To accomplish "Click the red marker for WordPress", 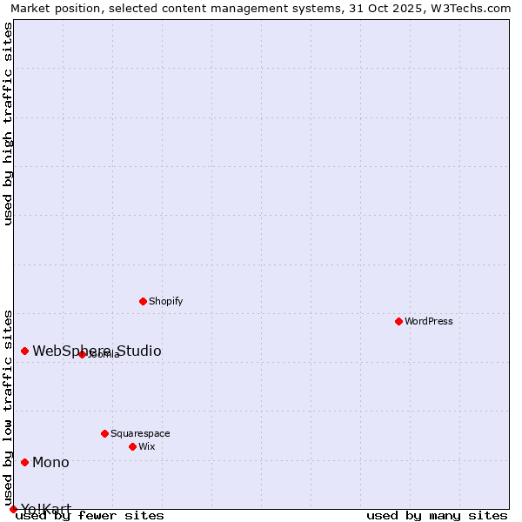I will [x=398, y=321].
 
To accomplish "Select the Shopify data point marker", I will [x=143, y=301].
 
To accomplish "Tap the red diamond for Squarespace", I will [x=104, y=433].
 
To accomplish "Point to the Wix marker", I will [x=132, y=446].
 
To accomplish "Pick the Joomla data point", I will [x=82, y=354].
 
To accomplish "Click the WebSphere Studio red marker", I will [x=24, y=351].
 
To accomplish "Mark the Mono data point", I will [x=24, y=462].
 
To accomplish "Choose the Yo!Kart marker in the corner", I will [x=13, y=509].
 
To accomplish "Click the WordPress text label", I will [x=429, y=321].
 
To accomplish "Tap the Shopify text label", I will [x=165, y=301].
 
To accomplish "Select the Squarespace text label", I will [x=140, y=433].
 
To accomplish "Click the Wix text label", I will [x=146, y=446].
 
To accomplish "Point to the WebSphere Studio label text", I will [x=97, y=351].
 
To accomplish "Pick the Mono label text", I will [x=50, y=462].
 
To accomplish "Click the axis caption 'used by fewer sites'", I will [x=90, y=515].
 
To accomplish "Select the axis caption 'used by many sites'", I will [x=437, y=515].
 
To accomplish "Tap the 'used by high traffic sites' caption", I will [x=9, y=124].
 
